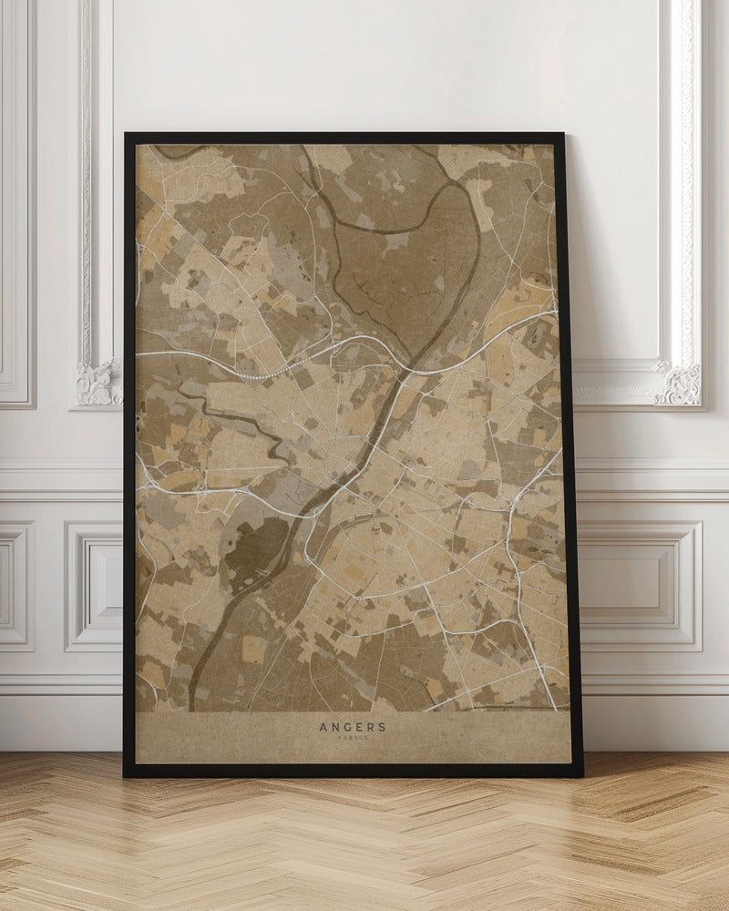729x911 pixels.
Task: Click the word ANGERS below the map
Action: tap(353, 727)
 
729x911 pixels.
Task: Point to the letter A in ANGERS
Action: tap(323, 727)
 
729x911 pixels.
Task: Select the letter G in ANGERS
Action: tap(348, 727)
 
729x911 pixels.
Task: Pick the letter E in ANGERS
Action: tap(359, 727)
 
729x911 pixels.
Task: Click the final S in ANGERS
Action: tap(382, 727)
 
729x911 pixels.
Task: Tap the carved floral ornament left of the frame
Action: tap(98, 383)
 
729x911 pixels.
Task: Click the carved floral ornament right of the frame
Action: tap(679, 383)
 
